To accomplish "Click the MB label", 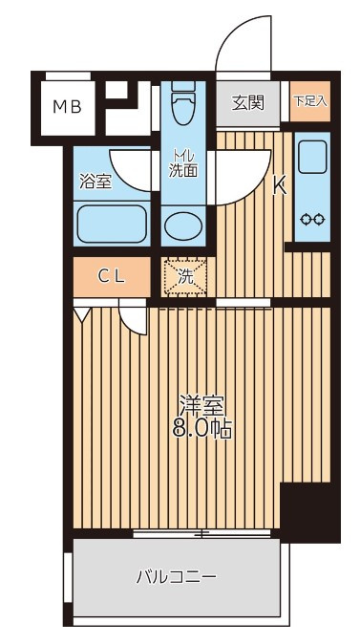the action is [x=67, y=107].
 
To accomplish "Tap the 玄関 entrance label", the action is [x=247, y=102].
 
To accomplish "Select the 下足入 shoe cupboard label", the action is [x=310, y=101].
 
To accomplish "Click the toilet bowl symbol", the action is [x=183, y=102].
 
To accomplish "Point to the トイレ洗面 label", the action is [x=183, y=163].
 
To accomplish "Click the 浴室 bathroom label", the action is [x=95, y=182].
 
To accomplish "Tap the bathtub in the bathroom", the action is [x=111, y=224].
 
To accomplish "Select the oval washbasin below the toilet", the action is [x=183, y=225].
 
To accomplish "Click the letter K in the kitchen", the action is [x=280, y=187].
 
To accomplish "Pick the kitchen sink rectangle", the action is [x=312, y=157].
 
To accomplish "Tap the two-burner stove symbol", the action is [x=312, y=220].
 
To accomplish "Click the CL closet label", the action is [x=111, y=277].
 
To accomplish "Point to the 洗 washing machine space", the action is [x=183, y=276].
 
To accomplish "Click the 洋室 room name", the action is [x=201, y=406].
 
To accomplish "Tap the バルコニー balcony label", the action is [x=176, y=577].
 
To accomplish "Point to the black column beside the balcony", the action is [x=310, y=512].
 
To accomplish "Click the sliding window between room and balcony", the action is [x=201, y=534].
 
